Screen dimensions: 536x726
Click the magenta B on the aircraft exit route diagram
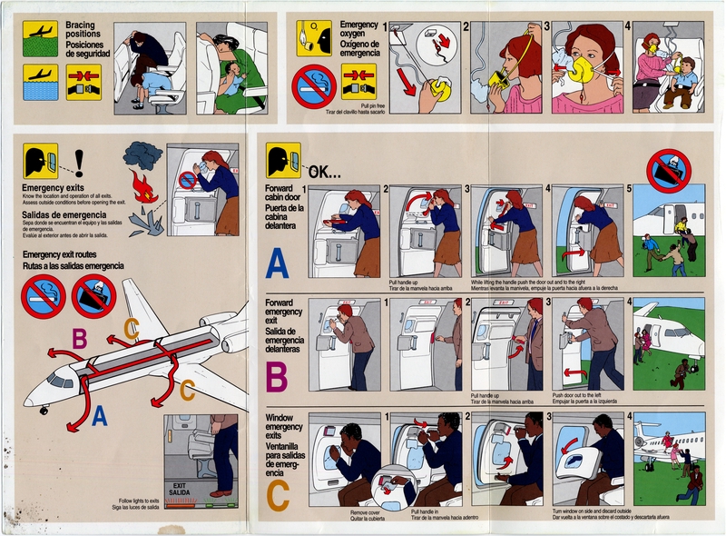[x=80, y=339]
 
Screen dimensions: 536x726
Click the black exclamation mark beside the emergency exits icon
[x=79, y=163]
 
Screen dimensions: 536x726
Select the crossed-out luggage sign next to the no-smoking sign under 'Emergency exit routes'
[x=93, y=295]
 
